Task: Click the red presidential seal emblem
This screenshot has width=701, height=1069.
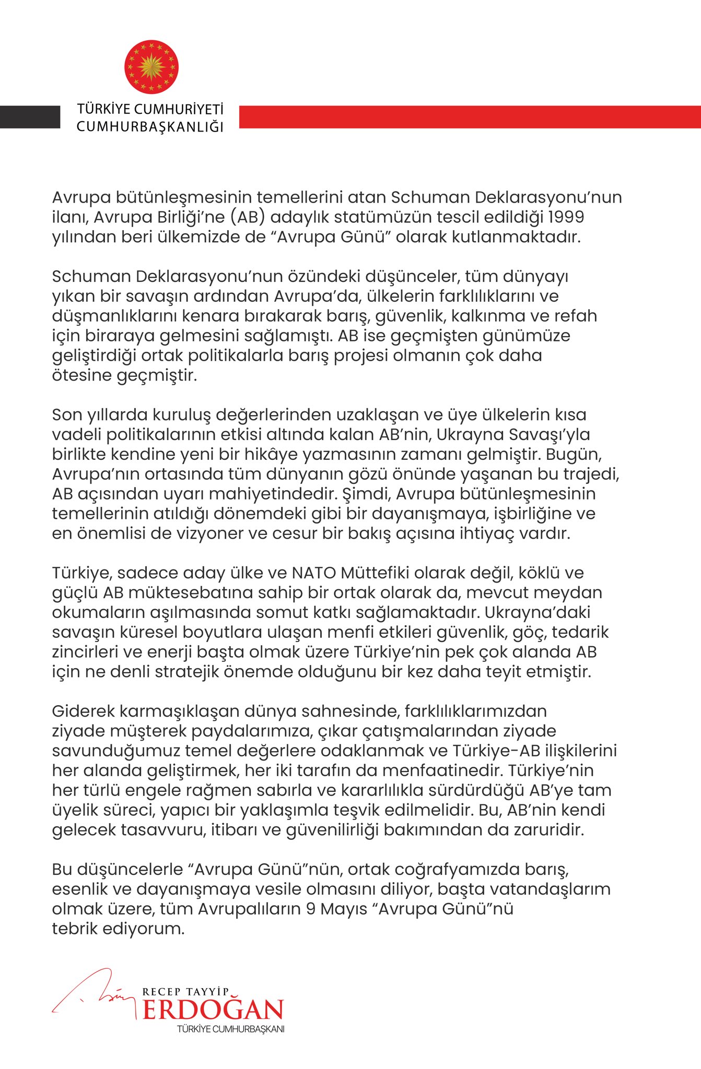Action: click(x=151, y=68)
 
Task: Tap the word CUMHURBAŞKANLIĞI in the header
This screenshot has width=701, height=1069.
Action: click(x=150, y=127)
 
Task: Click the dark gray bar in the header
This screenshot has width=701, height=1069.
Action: click(x=30, y=117)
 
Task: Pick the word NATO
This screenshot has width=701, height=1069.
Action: click(x=314, y=573)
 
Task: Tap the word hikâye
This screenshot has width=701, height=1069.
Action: click(x=272, y=454)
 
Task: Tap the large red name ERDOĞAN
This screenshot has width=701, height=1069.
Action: click(x=213, y=1010)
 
